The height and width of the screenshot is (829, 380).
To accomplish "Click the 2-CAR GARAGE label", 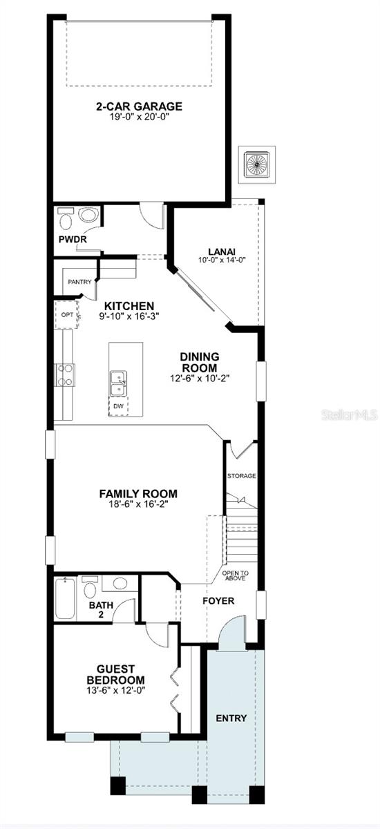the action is tap(139, 106).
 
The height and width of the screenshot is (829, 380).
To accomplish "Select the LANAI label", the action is tap(222, 251).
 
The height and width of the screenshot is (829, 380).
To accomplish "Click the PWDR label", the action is tap(73, 240).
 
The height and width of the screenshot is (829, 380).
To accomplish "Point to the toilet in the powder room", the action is tap(66, 219).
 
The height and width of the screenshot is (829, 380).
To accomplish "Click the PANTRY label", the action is tap(79, 282).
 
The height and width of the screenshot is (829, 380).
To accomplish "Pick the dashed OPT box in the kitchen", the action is tap(67, 314).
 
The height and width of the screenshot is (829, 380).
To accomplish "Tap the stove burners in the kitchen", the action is tap(65, 375).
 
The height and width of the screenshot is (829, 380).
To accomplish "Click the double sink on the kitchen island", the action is tap(118, 384).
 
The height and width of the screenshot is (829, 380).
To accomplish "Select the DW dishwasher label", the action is tap(118, 406).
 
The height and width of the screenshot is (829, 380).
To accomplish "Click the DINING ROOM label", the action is tap(200, 362).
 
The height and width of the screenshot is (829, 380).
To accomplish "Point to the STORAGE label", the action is tap(242, 475).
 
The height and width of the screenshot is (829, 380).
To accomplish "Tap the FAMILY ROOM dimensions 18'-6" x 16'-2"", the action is tap(138, 504).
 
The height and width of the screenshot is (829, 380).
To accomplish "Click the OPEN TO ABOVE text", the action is tap(236, 575).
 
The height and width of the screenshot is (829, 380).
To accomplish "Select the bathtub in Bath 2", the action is tap(65, 598).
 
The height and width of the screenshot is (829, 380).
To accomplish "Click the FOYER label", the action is tap(218, 600).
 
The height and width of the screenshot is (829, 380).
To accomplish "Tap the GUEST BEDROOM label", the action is tap(116, 674).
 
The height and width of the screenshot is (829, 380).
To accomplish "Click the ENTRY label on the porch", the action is tap(231, 718).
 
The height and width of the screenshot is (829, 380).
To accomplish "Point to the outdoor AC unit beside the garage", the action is tap(257, 164).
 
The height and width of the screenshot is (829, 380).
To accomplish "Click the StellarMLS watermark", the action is tap(350, 415).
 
